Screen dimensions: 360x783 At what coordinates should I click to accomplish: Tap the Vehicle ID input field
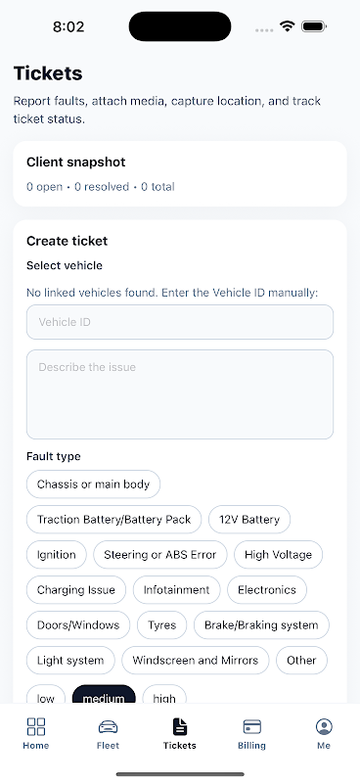click(x=180, y=322)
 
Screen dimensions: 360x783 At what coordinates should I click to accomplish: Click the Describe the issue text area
click(x=180, y=394)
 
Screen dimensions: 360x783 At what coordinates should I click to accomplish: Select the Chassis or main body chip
click(x=93, y=484)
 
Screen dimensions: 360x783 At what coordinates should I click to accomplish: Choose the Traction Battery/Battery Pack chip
click(x=113, y=520)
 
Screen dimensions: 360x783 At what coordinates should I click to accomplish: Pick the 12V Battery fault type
click(x=249, y=520)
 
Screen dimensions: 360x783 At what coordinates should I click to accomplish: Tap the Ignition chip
click(x=57, y=555)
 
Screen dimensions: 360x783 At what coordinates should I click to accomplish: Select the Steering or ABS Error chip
click(x=160, y=555)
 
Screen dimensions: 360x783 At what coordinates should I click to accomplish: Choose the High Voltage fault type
click(x=278, y=555)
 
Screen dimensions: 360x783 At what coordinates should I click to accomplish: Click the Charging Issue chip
click(x=76, y=590)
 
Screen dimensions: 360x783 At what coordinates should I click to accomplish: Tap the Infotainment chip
click(x=177, y=590)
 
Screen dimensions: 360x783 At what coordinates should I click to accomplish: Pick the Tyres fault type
click(x=162, y=625)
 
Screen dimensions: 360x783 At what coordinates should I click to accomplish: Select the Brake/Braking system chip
click(x=261, y=625)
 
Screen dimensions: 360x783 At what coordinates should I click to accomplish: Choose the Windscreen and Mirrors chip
click(x=196, y=660)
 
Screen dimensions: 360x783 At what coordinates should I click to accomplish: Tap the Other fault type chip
click(x=301, y=660)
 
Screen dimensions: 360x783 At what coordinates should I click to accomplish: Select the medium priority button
click(x=104, y=695)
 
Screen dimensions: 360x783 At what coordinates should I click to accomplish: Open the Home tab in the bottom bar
click(x=36, y=733)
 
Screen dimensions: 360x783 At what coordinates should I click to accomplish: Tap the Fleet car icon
click(x=108, y=727)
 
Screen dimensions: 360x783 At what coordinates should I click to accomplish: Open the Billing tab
click(x=251, y=733)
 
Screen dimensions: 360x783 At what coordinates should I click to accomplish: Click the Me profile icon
click(x=324, y=726)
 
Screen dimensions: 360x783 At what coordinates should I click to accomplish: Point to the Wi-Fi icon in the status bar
click(x=287, y=26)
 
